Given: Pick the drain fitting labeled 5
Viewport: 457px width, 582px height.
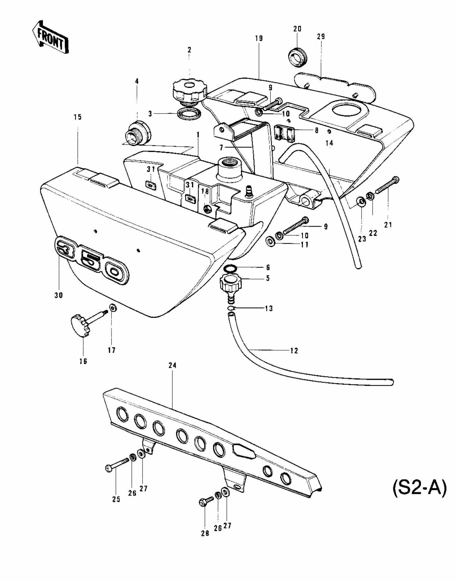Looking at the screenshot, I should click(x=230, y=286).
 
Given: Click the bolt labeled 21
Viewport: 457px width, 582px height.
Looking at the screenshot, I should click(x=387, y=186).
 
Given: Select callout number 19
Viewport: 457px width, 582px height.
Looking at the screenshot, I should click(x=259, y=38).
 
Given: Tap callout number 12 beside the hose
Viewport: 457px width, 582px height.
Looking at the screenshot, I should click(x=294, y=351).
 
